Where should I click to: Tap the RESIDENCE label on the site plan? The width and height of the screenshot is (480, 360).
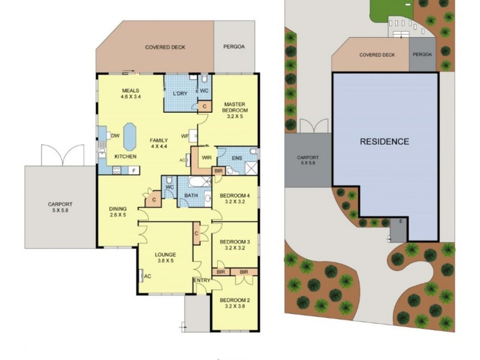click(x=385, y=142)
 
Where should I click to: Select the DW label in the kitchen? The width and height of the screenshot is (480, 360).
click(x=115, y=136)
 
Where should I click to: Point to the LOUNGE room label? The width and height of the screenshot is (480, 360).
click(x=165, y=254)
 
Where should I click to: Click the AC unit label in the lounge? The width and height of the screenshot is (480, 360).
click(x=146, y=276)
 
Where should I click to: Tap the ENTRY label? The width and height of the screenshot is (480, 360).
click(x=201, y=281)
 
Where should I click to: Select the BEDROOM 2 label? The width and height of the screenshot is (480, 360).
click(x=234, y=300)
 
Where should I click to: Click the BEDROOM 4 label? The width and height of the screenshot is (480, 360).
click(x=235, y=196)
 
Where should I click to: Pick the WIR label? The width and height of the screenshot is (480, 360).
click(x=206, y=158)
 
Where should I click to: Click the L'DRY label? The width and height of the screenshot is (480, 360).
click(x=180, y=94)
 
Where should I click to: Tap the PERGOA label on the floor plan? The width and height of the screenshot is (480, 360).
click(x=235, y=46)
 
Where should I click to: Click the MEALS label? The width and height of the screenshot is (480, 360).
click(x=130, y=91)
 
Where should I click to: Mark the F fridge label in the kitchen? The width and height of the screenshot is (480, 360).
click(x=133, y=170)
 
